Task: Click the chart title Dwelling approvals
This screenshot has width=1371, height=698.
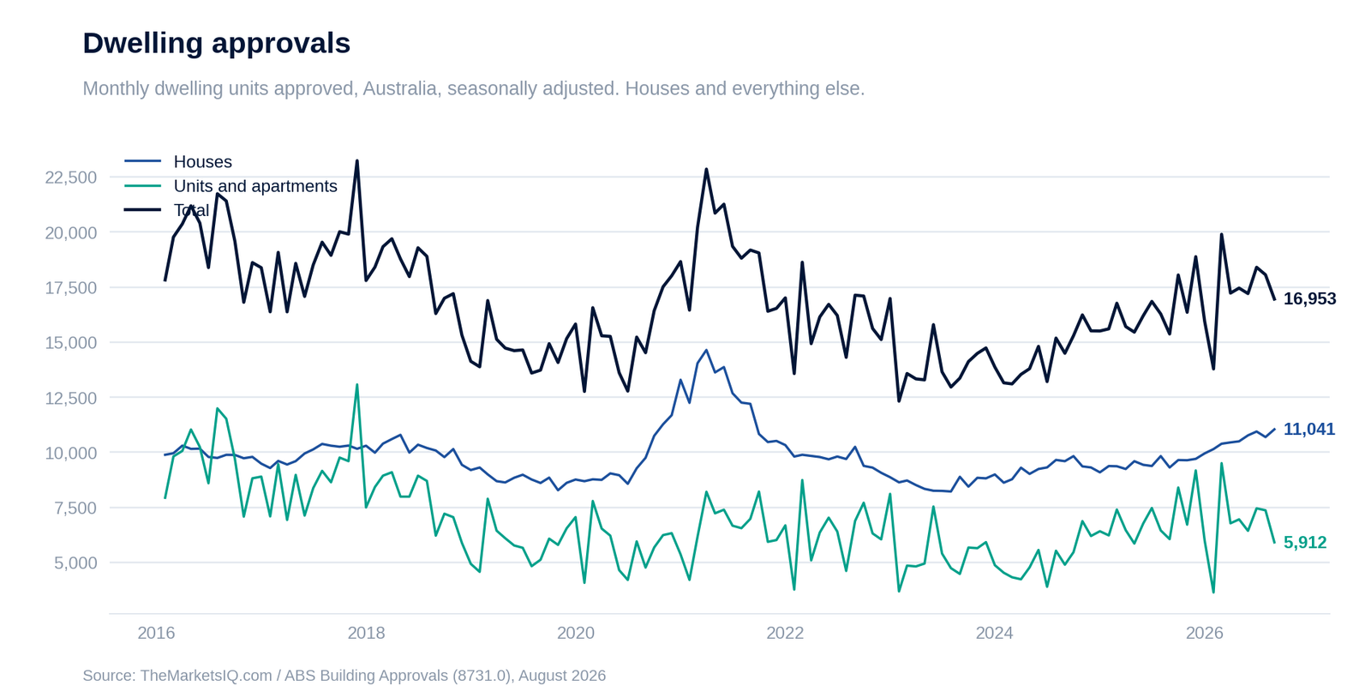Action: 217,44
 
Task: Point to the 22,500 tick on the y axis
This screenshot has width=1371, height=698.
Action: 71,178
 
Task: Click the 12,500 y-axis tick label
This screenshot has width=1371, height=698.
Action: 71,398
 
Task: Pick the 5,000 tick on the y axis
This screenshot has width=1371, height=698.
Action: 75,563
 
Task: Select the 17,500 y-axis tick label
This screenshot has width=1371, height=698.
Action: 71,288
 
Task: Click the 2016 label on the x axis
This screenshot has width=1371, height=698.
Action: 156,633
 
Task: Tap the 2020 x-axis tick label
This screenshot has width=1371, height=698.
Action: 575,633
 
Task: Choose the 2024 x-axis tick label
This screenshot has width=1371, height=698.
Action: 995,633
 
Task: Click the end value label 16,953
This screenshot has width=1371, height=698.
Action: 1310,298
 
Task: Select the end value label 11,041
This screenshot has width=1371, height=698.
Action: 1309,430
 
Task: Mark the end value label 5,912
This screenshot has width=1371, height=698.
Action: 1305,543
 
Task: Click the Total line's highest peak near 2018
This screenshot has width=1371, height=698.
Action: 357,161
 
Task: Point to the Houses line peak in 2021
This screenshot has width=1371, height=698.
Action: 706,350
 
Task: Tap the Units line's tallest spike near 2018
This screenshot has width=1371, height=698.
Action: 356,384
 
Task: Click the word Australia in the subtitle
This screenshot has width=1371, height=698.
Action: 400,89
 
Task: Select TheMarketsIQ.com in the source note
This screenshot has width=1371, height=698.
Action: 206,676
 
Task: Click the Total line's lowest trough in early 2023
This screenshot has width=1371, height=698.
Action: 899,401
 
